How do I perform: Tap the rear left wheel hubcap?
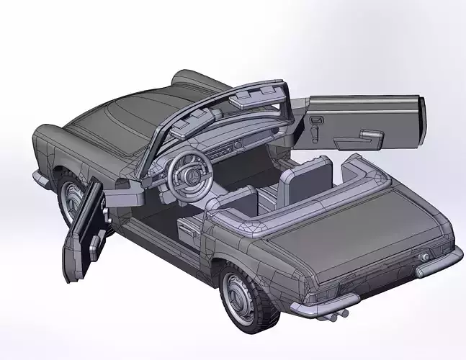coord(238,295)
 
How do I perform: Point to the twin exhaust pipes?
coord(336,313)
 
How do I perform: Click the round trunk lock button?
coord(425,257)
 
